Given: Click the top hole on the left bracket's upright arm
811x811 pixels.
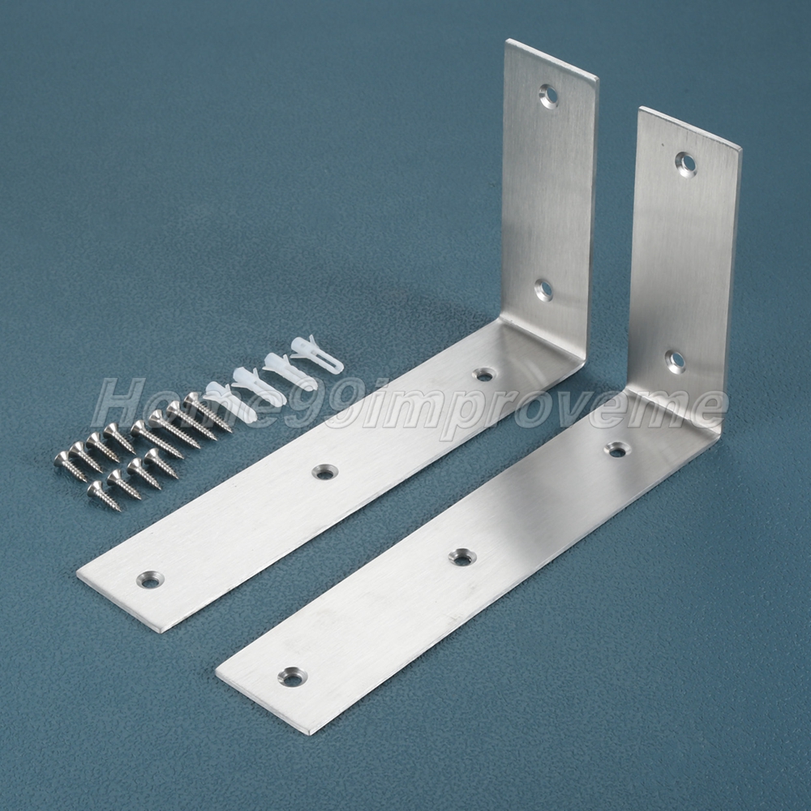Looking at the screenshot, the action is (549, 95).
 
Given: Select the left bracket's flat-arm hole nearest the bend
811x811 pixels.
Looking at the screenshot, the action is (485, 373).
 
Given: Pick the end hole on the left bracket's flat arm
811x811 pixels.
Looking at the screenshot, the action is (149, 580).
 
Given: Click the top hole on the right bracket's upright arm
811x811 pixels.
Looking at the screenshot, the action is (686, 164).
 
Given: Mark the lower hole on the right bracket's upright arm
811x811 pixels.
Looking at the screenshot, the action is (676, 361).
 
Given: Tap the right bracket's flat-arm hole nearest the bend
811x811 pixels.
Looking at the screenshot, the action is (616, 449).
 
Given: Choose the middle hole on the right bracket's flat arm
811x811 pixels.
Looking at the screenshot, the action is (463, 557).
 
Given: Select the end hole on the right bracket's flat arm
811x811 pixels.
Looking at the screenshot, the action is (293, 676).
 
